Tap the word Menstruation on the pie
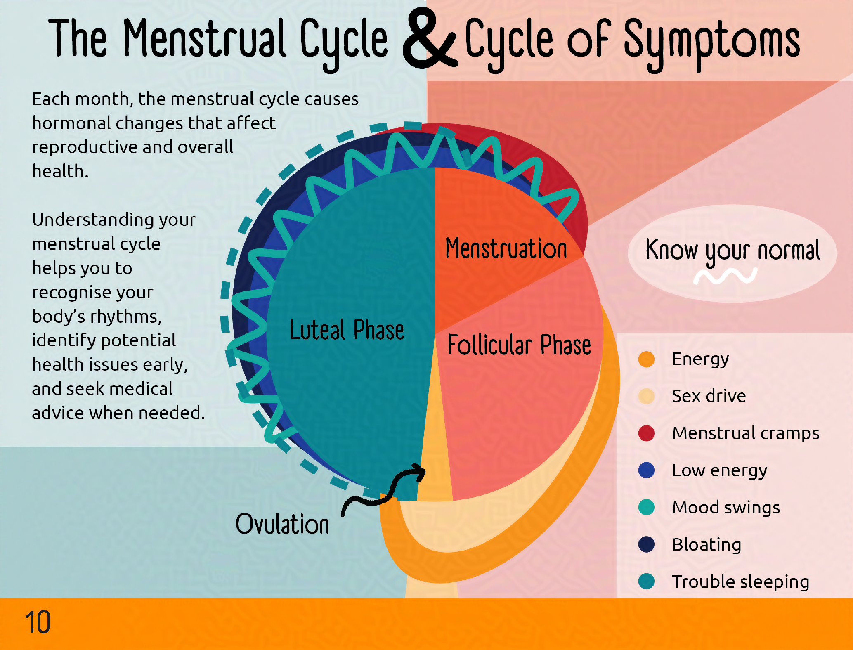[x=506, y=248]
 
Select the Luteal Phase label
[x=347, y=330]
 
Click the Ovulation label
[x=282, y=524]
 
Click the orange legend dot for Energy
[x=646, y=359]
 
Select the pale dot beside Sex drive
[x=646, y=396]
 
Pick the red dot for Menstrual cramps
[x=646, y=433]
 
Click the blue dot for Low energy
[x=646, y=470]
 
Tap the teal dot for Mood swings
[x=646, y=507]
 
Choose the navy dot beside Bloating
[x=646, y=544]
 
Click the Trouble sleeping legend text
[x=740, y=581]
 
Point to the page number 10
[x=38, y=622]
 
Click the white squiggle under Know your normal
[x=725, y=276]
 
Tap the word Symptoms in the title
[x=711, y=41]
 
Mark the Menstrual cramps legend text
[x=745, y=433]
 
